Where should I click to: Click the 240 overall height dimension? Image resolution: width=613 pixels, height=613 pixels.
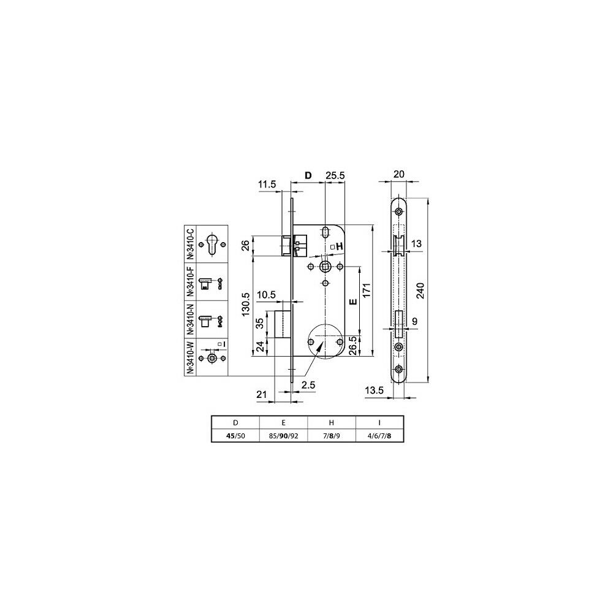pos(421,290)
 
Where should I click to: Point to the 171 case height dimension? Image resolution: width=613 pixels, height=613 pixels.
pos(367,290)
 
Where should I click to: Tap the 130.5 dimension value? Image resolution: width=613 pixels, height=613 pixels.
pos(246,304)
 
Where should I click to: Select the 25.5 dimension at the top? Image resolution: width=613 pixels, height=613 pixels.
pos(335,175)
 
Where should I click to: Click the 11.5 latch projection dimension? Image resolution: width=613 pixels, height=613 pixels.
pos(267,184)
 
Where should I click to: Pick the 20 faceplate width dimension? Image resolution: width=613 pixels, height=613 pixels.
pos(399,174)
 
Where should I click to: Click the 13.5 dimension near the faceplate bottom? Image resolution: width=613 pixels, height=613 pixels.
pos(374,390)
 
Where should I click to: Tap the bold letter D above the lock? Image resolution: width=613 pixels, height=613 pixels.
pos(308,175)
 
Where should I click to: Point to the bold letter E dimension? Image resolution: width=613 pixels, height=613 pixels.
pos(353,302)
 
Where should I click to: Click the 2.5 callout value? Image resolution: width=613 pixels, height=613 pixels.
pos(308,386)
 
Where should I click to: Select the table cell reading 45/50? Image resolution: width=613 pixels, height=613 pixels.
pos(235,436)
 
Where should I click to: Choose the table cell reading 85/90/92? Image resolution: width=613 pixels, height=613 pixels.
pos(283,436)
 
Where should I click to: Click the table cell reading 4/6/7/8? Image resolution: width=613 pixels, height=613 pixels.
pos(379,436)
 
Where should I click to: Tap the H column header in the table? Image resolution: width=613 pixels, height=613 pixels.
pos(332,422)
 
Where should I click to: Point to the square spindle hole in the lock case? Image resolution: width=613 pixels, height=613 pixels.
pos(325,267)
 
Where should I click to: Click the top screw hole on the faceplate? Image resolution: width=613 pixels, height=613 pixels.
pos(398,212)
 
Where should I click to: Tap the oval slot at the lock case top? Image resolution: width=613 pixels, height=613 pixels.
pos(326,232)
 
